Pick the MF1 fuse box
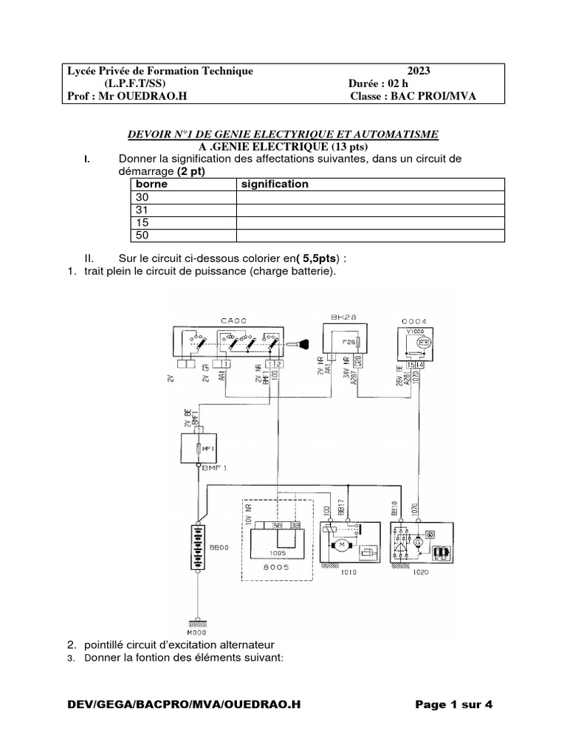(197, 448)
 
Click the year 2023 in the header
(418, 71)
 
